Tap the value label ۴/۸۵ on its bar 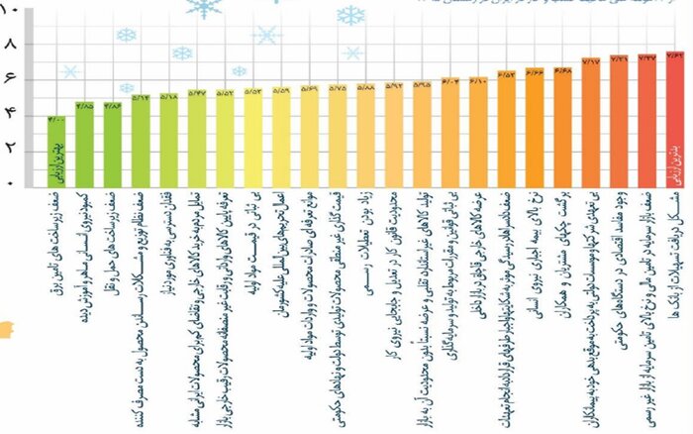coord(84,105)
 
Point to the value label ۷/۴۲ coord(675,56)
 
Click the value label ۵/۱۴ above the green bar coord(141,97)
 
